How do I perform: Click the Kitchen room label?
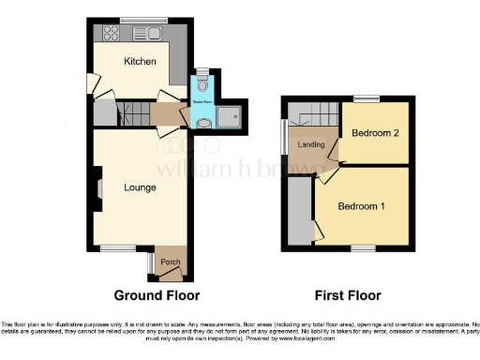point(139,61)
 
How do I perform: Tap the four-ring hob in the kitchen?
point(108,36)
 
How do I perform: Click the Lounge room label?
point(140,187)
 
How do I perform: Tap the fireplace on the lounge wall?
point(97,188)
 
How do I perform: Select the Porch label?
point(170,262)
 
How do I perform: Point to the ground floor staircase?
point(132,114)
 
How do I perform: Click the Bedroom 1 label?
point(360,206)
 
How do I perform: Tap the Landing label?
point(310,145)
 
